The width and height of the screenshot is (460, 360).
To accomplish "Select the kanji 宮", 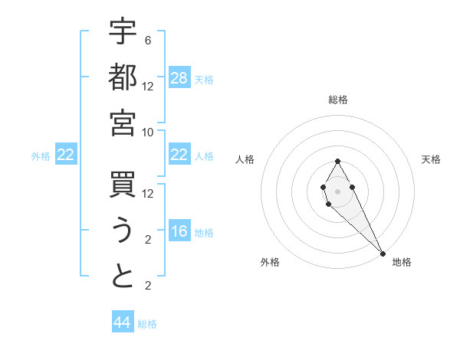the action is pos(123,123).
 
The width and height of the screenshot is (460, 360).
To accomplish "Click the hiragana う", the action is pos(123,231).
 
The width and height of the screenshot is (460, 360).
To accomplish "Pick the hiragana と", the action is pos(123,277).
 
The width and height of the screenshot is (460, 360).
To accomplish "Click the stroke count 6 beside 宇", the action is pos(148,40).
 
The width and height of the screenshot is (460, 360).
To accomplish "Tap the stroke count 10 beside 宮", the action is pos(148,132).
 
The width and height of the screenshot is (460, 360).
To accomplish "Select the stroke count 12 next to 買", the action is pos(148,193).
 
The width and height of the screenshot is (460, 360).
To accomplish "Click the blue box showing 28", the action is pos(179,78).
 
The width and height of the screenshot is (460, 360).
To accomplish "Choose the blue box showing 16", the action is pos(179,232).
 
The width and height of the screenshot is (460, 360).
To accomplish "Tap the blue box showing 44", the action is pos(123,322).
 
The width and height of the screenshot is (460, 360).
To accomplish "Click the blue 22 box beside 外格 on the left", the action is pos(66,155).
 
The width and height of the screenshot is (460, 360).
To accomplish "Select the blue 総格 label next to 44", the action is pos(147,324).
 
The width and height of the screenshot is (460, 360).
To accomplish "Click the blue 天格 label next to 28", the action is pos(204,80).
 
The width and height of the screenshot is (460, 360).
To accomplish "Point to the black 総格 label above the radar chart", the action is pos(337,100).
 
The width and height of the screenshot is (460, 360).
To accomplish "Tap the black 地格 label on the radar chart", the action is pos(402,262).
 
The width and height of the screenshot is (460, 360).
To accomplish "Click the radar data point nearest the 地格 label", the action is pos(383,254).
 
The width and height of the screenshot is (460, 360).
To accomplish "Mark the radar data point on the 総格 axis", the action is pos(337,161).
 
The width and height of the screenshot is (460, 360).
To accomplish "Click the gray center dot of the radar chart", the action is pos(337,190).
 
